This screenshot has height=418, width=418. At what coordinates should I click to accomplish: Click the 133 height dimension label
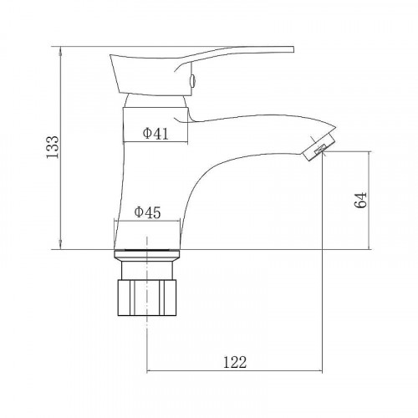[53, 147]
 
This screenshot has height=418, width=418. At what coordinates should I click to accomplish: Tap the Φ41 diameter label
[155, 134]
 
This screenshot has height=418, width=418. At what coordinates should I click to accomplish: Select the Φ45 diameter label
[147, 212]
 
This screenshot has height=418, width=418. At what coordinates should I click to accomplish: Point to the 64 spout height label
[360, 200]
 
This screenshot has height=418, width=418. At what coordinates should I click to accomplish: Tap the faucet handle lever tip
[293, 49]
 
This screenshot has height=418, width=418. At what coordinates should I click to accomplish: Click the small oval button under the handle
[192, 81]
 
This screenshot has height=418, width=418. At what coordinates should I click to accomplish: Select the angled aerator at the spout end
[319, 147]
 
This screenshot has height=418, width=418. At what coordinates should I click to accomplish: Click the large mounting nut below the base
[147, 298]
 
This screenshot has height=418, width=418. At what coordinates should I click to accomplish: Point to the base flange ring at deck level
[147, 253]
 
